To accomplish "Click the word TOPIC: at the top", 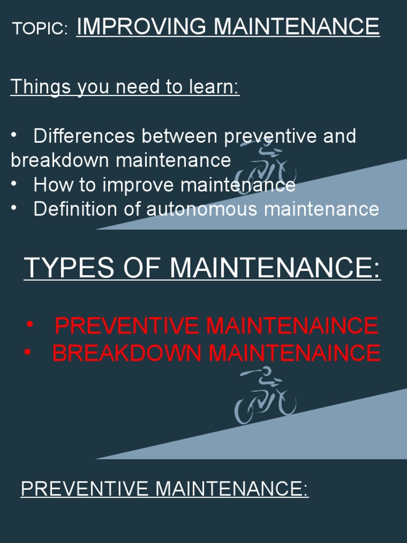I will click(40, 29).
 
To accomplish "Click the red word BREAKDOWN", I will click(127, 353).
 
